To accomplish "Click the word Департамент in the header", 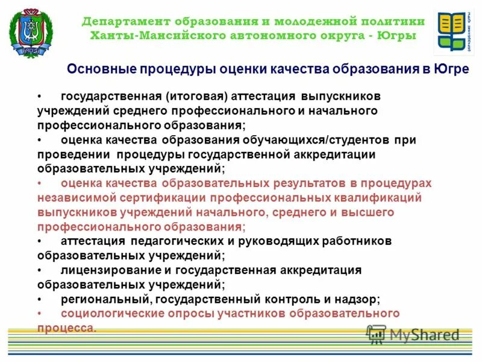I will click(117, 21).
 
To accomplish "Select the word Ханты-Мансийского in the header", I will click(156, 36).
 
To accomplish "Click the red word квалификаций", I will click(375, 198).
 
